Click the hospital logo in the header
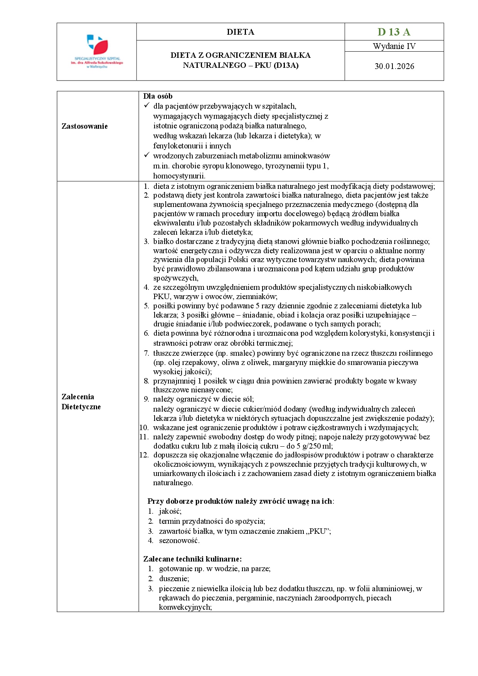click(97, 52)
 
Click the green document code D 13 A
click(394, 32)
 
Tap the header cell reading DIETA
click(241, 32)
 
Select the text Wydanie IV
click(394, 46)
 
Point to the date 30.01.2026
click(394, 66)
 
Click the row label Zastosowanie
click(84, 126)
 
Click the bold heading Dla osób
click(158, 96)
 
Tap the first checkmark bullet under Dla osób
click(146, 106)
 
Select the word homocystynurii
click(179, 176)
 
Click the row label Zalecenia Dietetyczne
click(81, 402)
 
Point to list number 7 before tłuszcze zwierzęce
click(146, 353)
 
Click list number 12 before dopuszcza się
click(144, 455)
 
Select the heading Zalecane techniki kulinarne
click(192, 559)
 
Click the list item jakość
click(170, 511)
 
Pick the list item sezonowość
click(179, 541)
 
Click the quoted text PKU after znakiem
click(318, 531)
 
